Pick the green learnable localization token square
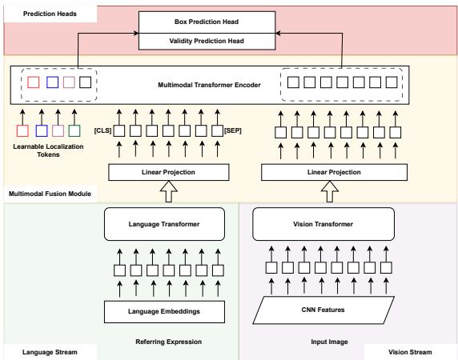[x=74, y=130]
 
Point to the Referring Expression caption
[x=169, y=340]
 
